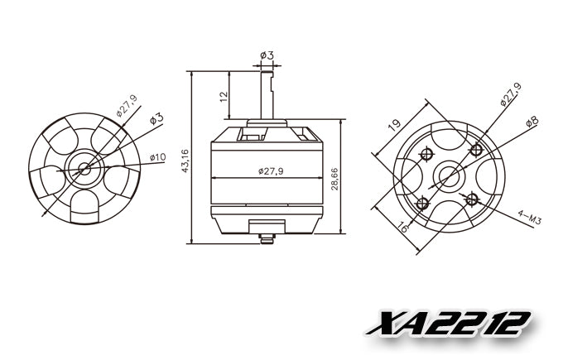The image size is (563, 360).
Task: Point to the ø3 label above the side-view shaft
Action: [x=267, y=55]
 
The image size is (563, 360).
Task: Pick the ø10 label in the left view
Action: [x=157, y=157]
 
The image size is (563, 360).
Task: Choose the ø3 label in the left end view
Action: [x=156, y=120]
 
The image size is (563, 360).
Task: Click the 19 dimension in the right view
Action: [x=393, y=124]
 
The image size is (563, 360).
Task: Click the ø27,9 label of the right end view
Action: [x=510, y=94]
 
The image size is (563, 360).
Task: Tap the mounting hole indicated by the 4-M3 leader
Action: [x=472, y=199]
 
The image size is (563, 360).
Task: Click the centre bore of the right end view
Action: [x=450, y=175]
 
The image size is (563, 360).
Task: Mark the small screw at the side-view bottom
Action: [x=266, y=241]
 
